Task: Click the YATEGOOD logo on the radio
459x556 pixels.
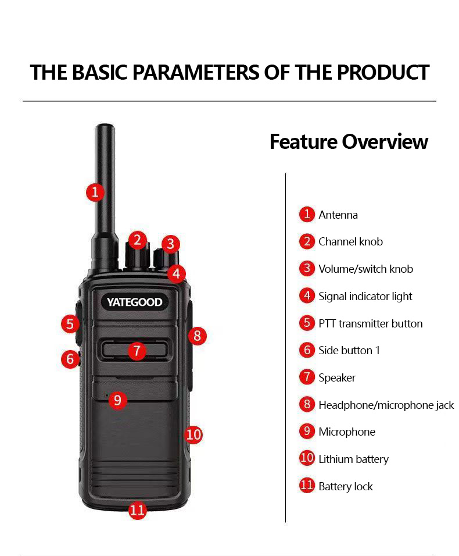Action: [x=134, y=302]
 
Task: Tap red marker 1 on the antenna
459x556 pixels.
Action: [x=95, y=192]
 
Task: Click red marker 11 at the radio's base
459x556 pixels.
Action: [x=138, y=510]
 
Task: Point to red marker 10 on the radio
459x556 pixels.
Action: [x=193, y=434]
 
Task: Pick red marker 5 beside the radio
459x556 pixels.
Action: [x=70, y=324]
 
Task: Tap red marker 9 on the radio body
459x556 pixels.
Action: [x=117, y=400]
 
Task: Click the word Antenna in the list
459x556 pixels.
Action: [x=338, y=215]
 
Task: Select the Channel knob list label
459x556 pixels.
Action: [x=350, y=242]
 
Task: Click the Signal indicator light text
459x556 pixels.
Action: [x=365, y=297]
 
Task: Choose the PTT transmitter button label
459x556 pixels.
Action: [x=371, y=324]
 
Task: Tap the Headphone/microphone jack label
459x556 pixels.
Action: [x=386, y=405]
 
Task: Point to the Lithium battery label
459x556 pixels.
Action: [x=353, y=459]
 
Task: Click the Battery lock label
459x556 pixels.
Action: [x=346, y=486]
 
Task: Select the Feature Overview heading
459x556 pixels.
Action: [x=349, y=141]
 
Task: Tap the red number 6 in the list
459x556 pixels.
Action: [x=307, y=350]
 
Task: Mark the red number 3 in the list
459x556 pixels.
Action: [x=307, y=269]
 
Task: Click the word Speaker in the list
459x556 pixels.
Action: [x=337, y=378]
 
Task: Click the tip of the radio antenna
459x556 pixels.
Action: [x=105, y=124]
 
